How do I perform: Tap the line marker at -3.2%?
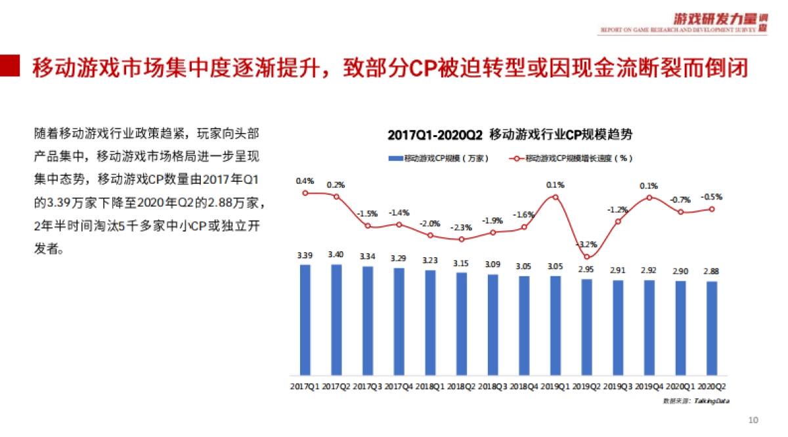586,257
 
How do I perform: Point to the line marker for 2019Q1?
556,197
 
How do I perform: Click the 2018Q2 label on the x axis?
461,386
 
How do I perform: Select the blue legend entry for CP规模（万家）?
436,158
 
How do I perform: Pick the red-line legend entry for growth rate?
571,158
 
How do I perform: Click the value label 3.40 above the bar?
336,255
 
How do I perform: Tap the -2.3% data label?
461,228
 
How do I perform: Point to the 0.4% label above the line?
305,180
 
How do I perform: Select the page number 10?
753,420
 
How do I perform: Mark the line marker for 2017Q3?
367,226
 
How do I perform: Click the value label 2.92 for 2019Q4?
649,270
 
